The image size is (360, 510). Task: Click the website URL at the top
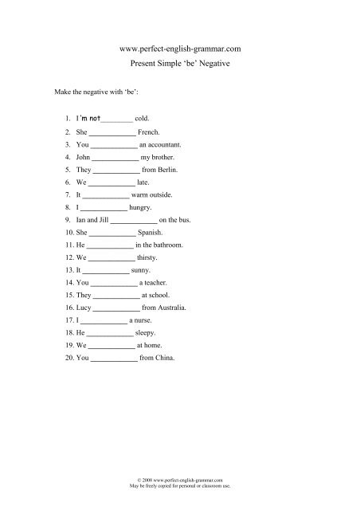pyautogui.click(x=179, y=49)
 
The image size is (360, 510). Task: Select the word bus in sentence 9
pyautogui.click(x=185, y=219)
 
